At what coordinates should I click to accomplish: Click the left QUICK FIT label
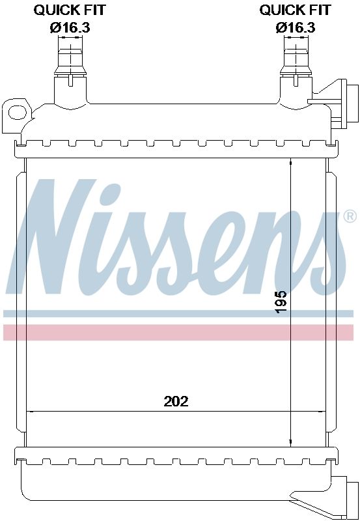tap(69, 10)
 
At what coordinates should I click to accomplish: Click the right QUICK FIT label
tap(295, 10)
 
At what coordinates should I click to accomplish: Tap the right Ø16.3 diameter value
tap(295, 27)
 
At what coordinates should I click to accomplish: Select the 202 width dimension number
tap(176, 401)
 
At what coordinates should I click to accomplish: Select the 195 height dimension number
tap(281, 302)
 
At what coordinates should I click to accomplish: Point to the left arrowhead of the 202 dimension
tap(29, 411)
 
